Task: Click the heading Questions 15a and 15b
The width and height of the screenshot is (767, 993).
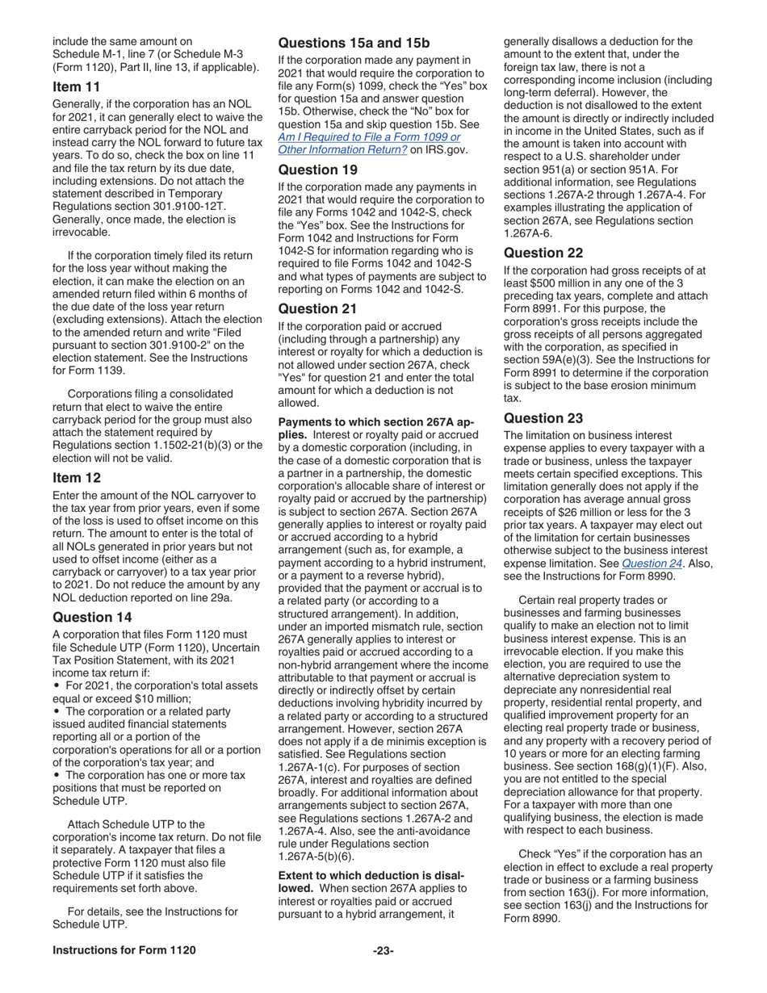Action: click(x=354, y=43)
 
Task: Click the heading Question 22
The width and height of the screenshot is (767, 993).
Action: click(x=543, y=253)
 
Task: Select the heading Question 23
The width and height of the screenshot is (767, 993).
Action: click(x=543, y=418)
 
